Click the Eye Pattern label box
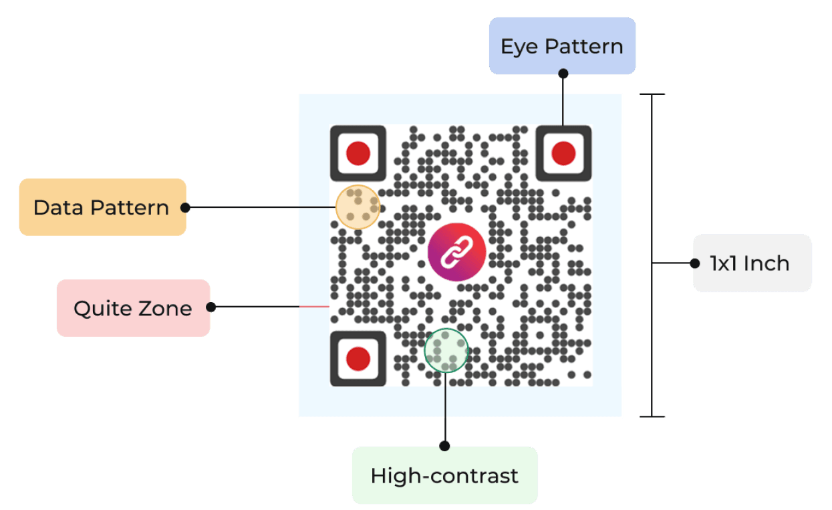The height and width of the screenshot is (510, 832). pyautogui.click(x=562, y=46)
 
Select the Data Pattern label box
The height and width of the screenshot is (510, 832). pyautogui.click(x=102, y=207)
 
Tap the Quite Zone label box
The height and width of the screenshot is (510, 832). pyautogui.click(x=133, y=308)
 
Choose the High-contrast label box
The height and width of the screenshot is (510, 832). pyautogui.click(x=444, y=475)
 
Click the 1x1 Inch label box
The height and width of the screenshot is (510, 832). pyautogui.click(x=752, y=263)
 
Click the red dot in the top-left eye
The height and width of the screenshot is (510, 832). pyautogui.click(x=358, y=153)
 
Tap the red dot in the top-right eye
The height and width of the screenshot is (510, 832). pyautogui.click(x=563, y=153)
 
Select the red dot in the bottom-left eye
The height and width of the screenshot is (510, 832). pyautogui.click(x=358, y=359)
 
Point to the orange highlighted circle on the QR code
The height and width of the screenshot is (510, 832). pyautogui.click(x=358, y=207)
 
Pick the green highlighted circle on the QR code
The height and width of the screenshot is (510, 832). pyautogui.click(x=446, y=350)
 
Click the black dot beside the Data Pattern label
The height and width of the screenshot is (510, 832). pyautogui.click(x=186, y=207)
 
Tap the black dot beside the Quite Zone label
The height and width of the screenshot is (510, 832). pyautogui.click(x=211, y=307)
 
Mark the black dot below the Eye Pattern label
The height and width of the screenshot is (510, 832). pyautogui.click(x=563, y=74)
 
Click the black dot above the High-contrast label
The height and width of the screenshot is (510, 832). pyautogui.click(x=445, y=445)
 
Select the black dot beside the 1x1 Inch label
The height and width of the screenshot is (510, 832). pyautogui.click(x=694, y=263)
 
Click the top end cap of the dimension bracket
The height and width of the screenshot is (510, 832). pyautogui.click(x=652, y=94)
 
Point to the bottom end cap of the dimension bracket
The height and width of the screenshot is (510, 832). pyautogui.click(x=652, y=417)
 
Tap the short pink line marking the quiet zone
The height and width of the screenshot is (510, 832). pyautogui.click(x=313, y=307)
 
